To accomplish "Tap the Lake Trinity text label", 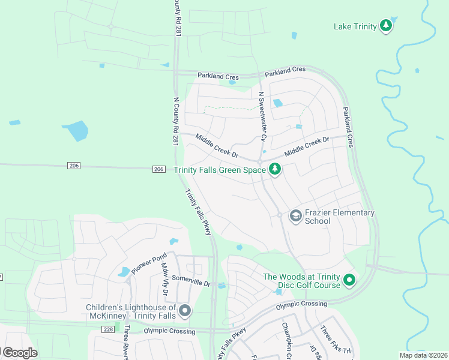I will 355,26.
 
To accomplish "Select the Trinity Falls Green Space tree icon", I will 275,170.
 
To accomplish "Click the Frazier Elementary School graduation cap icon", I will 295,215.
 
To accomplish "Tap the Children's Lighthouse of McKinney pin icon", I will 185,311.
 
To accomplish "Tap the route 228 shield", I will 107,329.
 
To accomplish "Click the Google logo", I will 19,353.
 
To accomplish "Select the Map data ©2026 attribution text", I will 423,355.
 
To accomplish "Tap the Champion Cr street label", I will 287,341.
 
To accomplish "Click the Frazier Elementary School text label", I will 340,217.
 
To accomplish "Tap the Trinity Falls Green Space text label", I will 220,170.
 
